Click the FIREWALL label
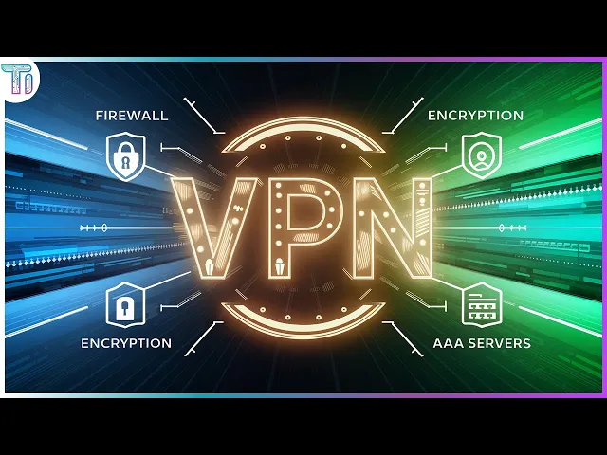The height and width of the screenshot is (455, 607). click(132, 116)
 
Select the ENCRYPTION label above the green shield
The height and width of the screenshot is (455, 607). click(475, 116)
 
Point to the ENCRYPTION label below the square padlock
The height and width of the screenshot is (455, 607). click(126, 342)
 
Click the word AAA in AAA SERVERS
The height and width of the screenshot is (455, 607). click(451, 342)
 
